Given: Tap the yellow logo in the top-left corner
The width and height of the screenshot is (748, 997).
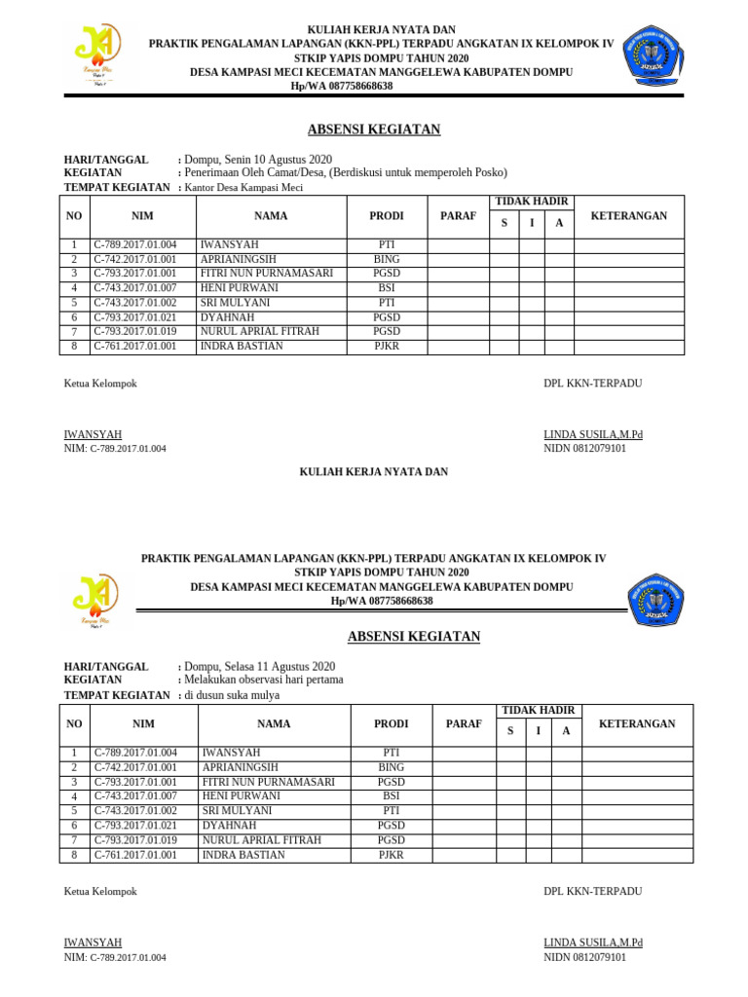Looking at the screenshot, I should click(x=97, y=54).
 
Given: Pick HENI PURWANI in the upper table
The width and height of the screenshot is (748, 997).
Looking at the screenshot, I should click(x=239, y=288).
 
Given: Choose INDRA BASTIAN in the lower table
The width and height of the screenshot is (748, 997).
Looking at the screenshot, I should click(x=243, y=855).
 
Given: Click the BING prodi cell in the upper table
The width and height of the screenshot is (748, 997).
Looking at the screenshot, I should click(x=387, y=260).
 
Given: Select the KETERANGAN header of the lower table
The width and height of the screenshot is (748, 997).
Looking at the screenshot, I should click(x=637, y=724).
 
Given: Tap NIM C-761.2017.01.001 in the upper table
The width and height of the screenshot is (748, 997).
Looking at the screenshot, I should click(x=135, y=346).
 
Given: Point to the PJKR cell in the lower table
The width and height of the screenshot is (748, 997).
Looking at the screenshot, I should click(x=391, y=855).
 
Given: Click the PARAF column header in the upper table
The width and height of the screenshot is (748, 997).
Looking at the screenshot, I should click(x=458, y=216).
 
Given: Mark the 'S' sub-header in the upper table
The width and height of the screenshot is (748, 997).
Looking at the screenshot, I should click(x=504, y=224).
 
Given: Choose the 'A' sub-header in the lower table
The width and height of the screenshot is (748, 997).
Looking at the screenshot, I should click(x=566, y=731).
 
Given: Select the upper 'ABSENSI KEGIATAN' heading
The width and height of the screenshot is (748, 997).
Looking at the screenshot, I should click(x=374, y=129).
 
